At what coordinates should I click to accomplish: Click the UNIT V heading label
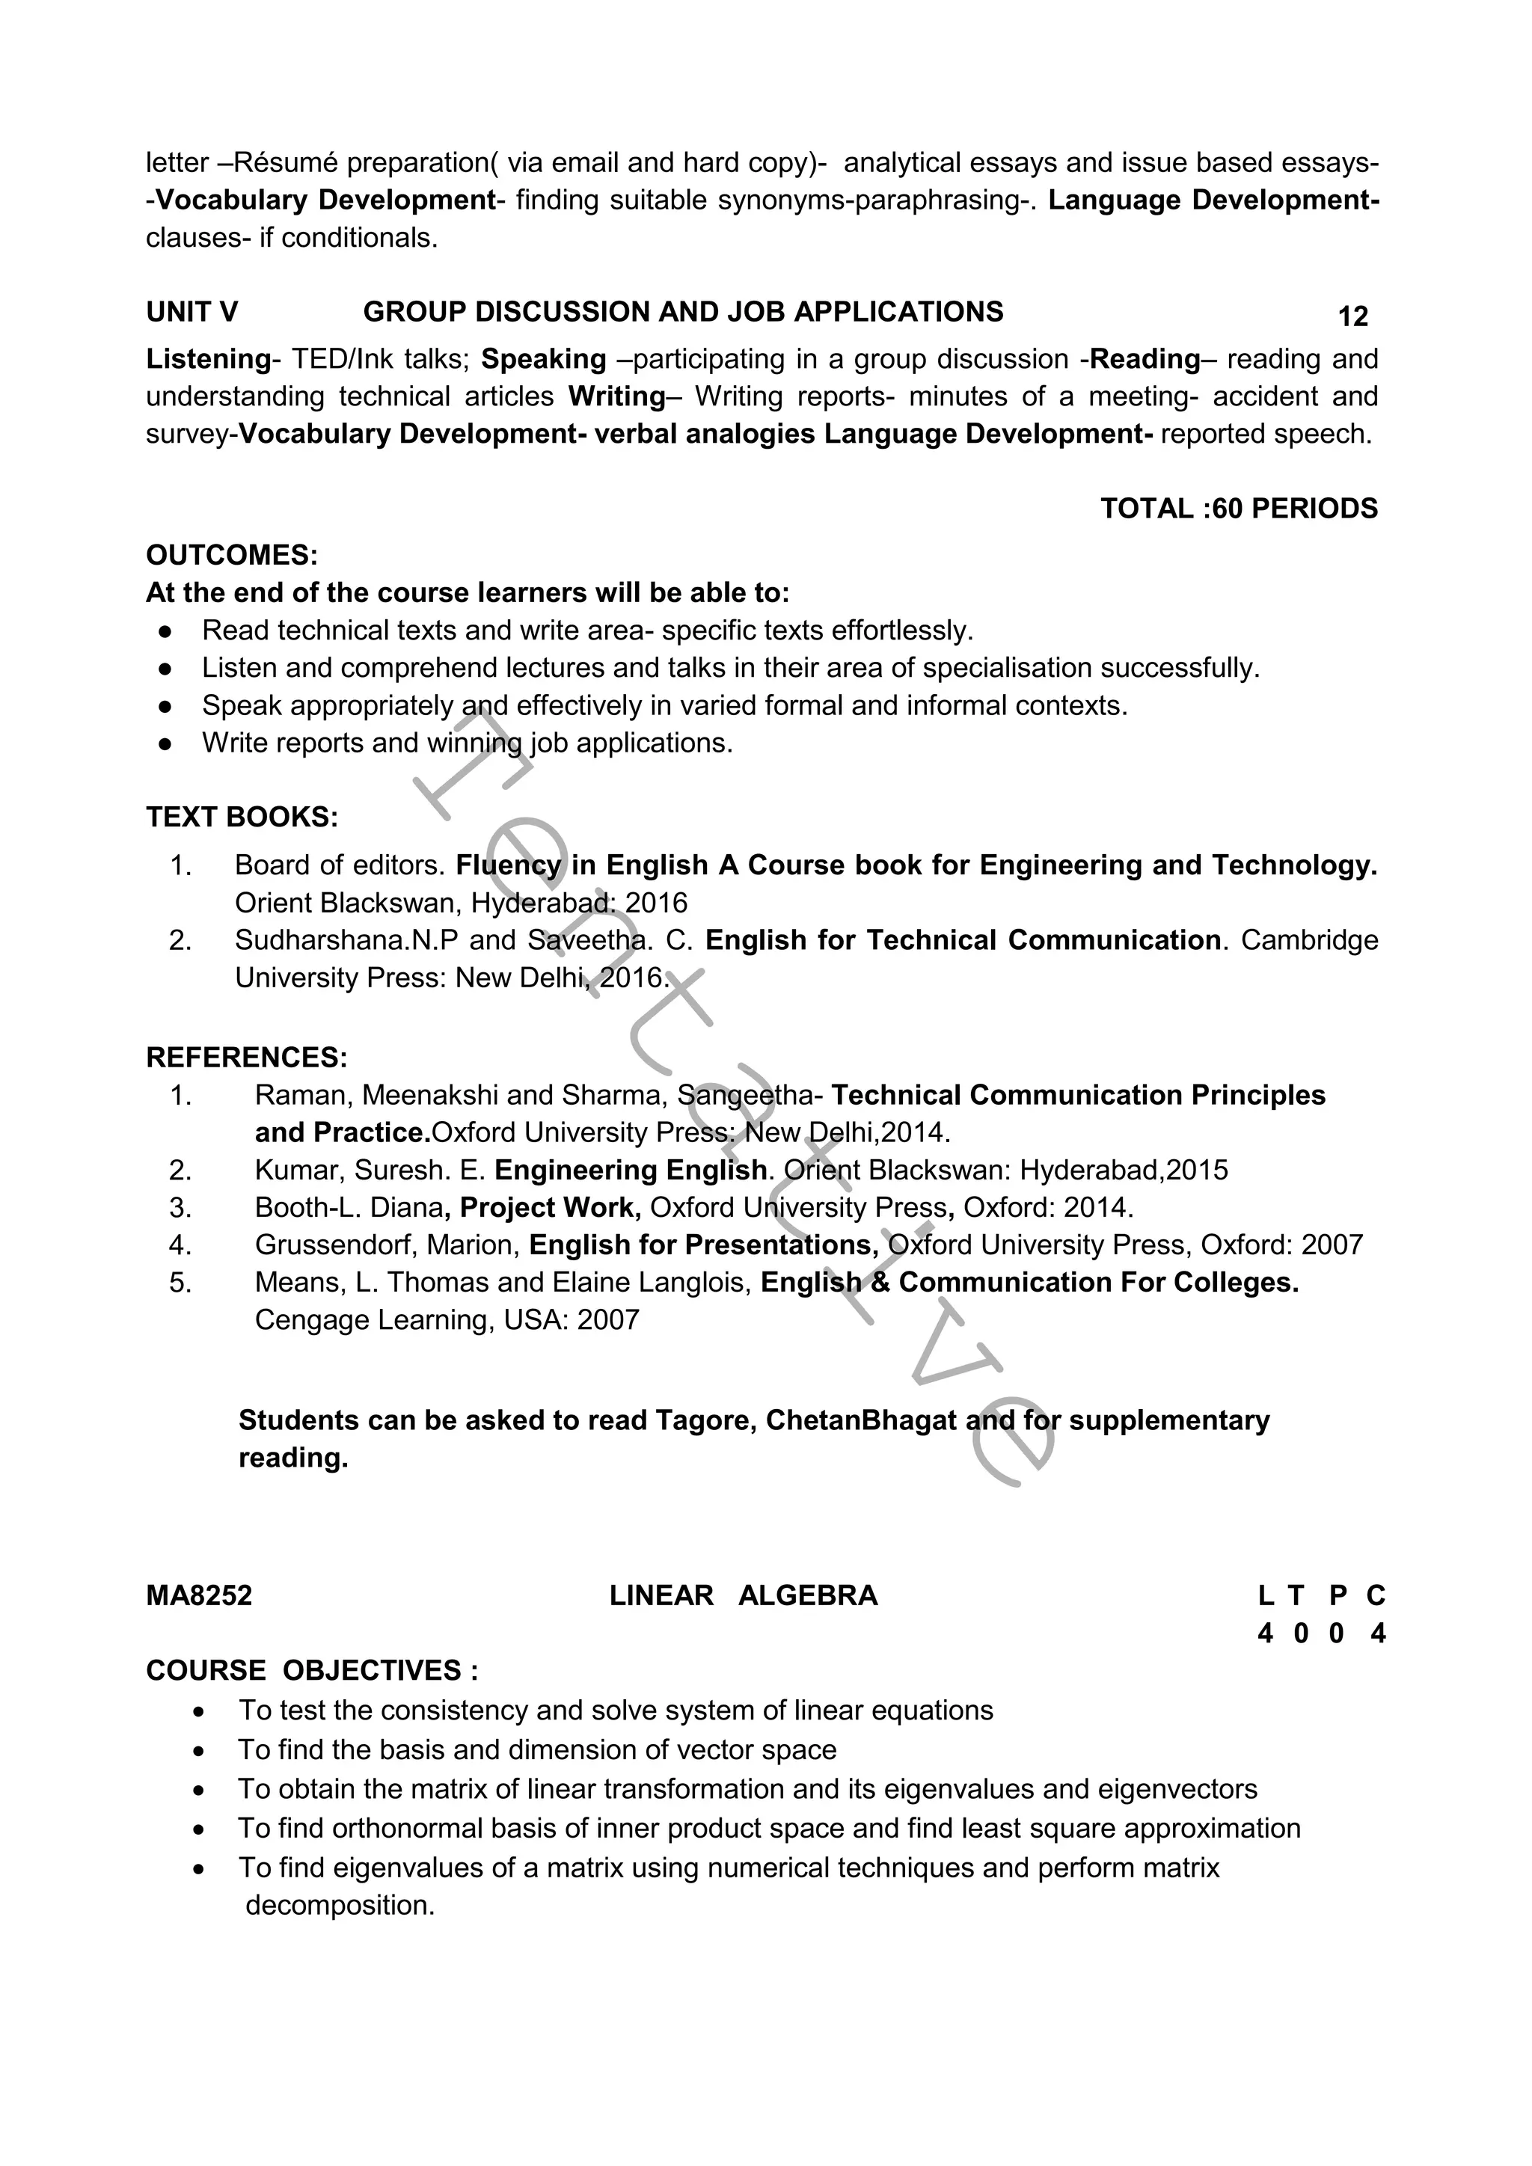coord(191,312)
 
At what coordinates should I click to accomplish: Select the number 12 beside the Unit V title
coord(1352,317)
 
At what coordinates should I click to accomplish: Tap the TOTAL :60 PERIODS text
coord(1238,509)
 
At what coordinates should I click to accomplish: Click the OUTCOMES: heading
coord(232,556)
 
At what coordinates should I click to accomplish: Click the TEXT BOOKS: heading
coord(242,817)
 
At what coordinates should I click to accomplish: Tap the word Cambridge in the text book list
coord(1308,941)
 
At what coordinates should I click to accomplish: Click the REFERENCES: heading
coord(246,1058)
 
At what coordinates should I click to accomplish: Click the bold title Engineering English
coord(630,1171)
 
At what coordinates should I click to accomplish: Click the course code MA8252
coord(199,1596)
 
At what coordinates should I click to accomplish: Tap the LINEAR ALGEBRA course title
coord(744,1596)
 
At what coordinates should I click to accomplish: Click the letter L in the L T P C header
coord(1265,1596)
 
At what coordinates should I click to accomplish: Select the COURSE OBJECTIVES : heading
coord(311,1671)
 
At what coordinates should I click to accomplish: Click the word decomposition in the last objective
coord(339,1906)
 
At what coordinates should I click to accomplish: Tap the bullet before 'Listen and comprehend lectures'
coord(165,669)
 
